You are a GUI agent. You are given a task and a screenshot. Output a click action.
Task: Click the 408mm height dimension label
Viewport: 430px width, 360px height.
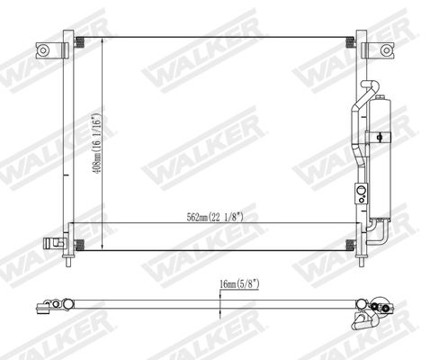[96, 143]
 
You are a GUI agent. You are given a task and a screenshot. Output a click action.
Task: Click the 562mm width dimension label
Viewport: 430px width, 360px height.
[215, 217]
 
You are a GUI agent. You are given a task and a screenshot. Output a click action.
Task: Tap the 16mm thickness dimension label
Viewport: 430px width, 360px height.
[239, 283]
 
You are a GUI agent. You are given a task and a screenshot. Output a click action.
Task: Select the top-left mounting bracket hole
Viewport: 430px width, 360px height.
[43, 50]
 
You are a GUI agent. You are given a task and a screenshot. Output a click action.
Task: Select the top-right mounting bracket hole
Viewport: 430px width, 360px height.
[386, 50]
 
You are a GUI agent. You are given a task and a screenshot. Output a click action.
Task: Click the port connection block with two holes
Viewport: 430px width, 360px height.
[362, 193]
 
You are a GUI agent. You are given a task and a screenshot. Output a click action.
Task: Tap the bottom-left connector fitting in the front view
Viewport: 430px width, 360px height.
[54, 243]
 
